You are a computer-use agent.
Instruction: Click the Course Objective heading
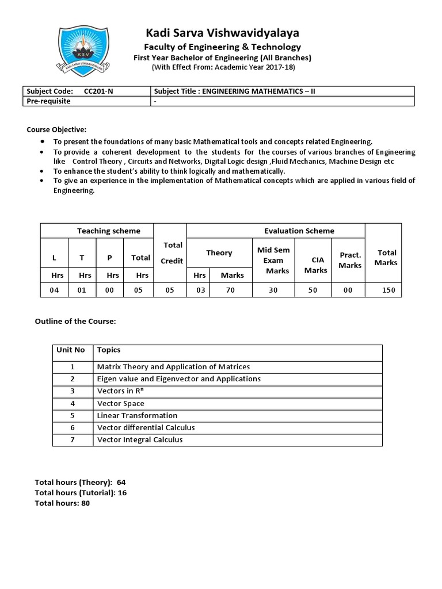click(x=56, y=129)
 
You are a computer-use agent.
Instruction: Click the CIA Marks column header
click(x=315, y=265)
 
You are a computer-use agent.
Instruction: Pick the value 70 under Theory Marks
click(x=230, y=290)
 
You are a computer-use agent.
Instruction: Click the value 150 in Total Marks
click(x=388, y=290)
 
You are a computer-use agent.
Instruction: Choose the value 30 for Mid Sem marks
click(x=273, y=290)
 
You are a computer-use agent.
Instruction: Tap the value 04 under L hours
click(x=54, y=290)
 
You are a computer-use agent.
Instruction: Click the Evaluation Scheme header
click(x=299, y=231)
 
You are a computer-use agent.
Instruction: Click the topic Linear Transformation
click(x=137, y=415)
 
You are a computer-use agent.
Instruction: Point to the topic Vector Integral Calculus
click(x=140, y=439)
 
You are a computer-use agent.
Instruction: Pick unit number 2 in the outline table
click(x=73, y=379)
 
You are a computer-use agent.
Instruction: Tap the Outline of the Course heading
click(x=75, y=321)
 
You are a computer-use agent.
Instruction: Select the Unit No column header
click(x=70, y=350)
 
